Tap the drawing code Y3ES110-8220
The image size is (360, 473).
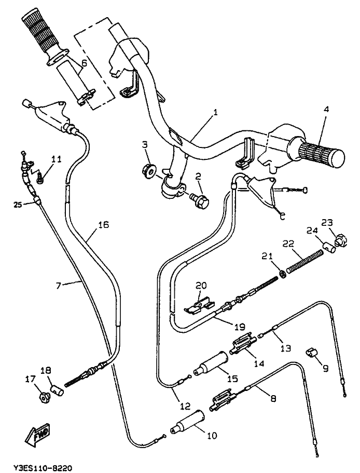coord(43,468)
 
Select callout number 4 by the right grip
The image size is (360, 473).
coord(326,109)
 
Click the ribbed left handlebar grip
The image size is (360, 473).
coord(40,35)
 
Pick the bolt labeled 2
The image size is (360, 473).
coord(200,200)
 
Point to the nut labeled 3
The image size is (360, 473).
coord(148,170)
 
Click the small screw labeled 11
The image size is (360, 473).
coord(39,178)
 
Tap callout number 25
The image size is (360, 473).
coord(18,205)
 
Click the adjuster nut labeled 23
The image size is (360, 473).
coord(340,240)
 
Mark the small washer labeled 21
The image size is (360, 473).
coord(282,274)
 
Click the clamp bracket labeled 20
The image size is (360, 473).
coord(199,307)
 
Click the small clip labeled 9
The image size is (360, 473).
coord(310,353)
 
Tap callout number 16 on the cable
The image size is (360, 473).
coord(103,225)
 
